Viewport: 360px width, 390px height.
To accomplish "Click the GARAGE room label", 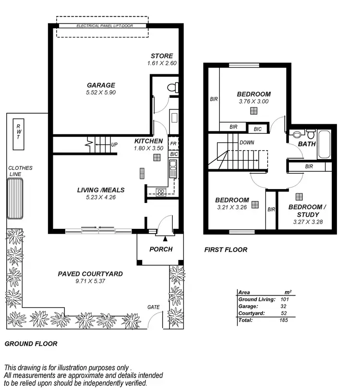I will pos(101,85).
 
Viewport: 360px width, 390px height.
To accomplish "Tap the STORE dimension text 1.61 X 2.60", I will pos(162,63).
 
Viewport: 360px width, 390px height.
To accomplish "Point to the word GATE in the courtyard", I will pos(154,307).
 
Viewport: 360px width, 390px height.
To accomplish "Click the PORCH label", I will pos(160,249).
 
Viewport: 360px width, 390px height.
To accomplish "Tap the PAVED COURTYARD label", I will pos(90,274).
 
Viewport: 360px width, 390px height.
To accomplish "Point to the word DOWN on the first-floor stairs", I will pos(247,142).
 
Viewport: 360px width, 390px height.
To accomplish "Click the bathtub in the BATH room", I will pos(324,143).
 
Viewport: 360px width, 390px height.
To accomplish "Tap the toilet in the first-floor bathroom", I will pos(299,134).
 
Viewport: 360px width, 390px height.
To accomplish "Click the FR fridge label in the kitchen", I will pos(174,144).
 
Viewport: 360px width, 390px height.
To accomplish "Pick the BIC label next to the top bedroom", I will pos(258,129).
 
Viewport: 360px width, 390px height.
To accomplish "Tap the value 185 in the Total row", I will pos(283,320).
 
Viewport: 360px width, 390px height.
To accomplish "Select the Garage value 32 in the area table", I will pos(284,306).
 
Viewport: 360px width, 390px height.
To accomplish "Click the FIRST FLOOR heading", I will pos(226,249).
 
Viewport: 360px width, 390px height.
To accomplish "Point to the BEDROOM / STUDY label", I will pos(307,211).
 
